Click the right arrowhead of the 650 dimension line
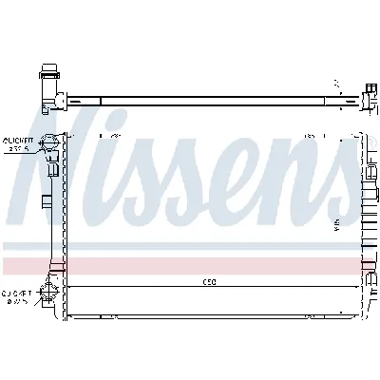coord(359,286)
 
